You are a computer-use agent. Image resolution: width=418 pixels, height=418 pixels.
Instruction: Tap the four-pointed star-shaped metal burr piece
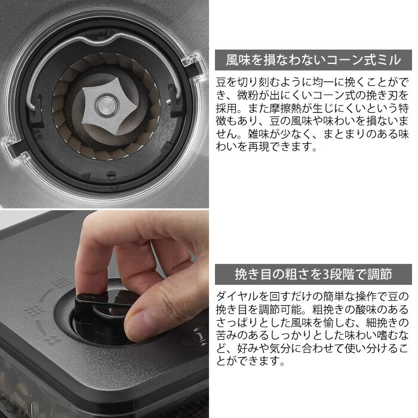[x=107, y=106]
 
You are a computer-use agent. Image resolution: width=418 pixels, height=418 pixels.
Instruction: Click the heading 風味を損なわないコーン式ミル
[x=314, y=60]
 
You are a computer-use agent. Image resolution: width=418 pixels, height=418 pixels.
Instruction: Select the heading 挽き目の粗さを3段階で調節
[x=314, y=274]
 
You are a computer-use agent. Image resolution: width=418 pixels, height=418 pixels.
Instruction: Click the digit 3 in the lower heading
[x=326, y=274]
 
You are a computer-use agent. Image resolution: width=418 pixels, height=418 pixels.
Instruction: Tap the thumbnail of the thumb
[x=139, y=326]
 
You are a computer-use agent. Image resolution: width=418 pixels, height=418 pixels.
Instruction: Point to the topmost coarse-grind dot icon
[x=61, y=282]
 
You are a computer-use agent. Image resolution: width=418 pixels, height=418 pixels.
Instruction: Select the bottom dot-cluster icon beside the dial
[x=51, y=339]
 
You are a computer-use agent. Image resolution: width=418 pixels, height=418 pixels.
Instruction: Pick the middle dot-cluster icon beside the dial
[x=33, y=310]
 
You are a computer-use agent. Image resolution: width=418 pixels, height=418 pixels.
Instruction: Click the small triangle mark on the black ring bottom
[x=86, y=176]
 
